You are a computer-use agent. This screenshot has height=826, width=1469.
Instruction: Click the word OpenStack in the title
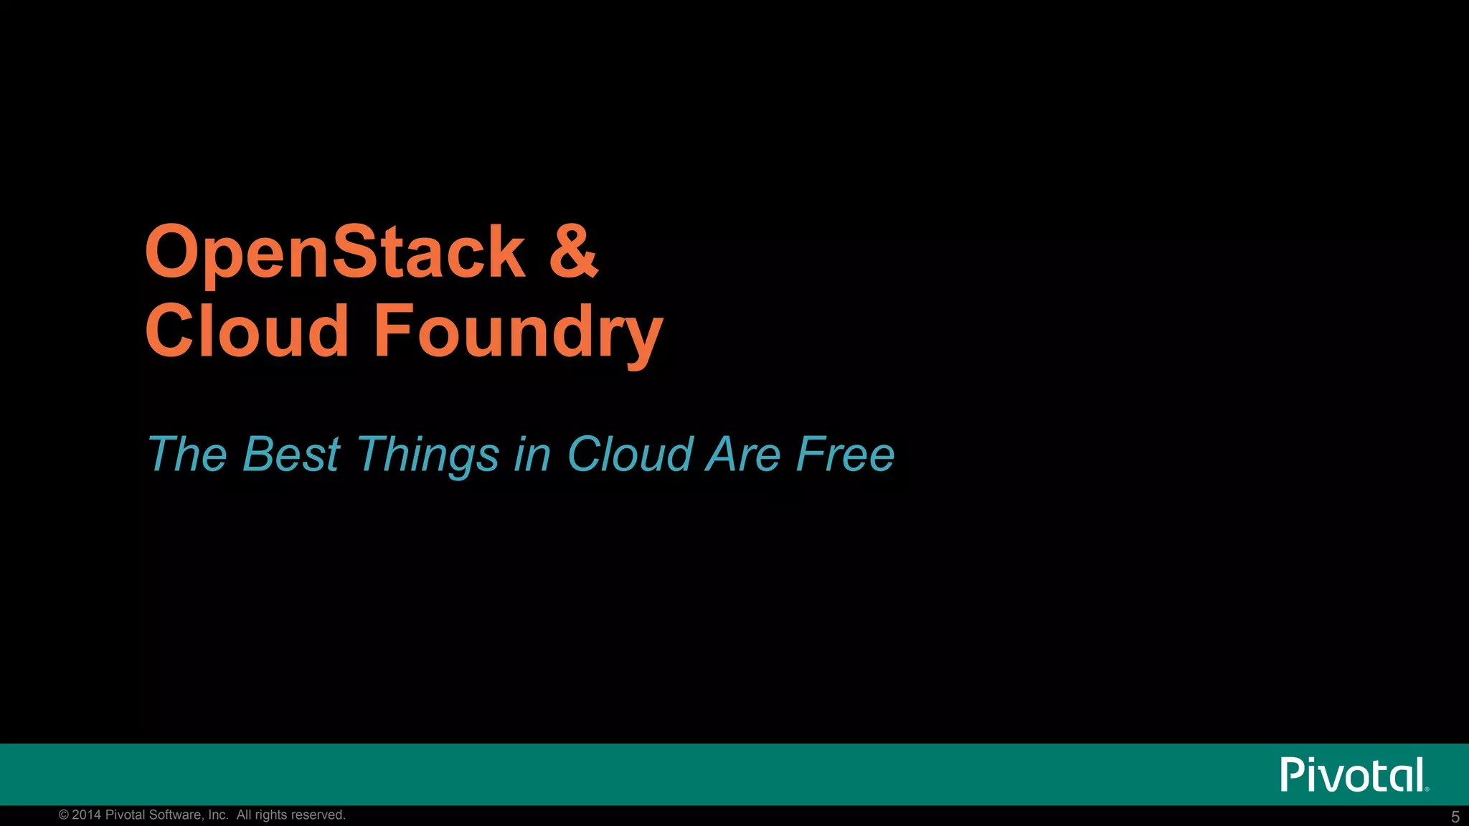[335, 252]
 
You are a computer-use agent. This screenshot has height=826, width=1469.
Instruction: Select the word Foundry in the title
[518, 331]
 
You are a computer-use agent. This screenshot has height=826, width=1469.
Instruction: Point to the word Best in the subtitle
[291, 455]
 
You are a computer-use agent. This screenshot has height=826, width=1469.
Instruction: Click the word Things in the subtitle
[428, 455]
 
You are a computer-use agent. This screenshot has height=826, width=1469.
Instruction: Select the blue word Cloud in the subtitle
[630, 455]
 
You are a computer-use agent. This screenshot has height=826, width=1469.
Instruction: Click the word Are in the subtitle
[742, 455]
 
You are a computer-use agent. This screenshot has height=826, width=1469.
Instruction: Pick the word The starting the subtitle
[187, 455]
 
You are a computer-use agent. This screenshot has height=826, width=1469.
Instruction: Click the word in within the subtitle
[532, 455]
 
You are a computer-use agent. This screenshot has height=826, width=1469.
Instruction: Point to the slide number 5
[1455, 817]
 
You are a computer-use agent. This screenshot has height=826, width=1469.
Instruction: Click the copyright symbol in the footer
[64, 815]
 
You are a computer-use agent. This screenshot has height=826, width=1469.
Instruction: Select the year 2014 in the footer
[86, 815]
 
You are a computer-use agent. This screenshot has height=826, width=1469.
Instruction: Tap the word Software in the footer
[176, 815]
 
